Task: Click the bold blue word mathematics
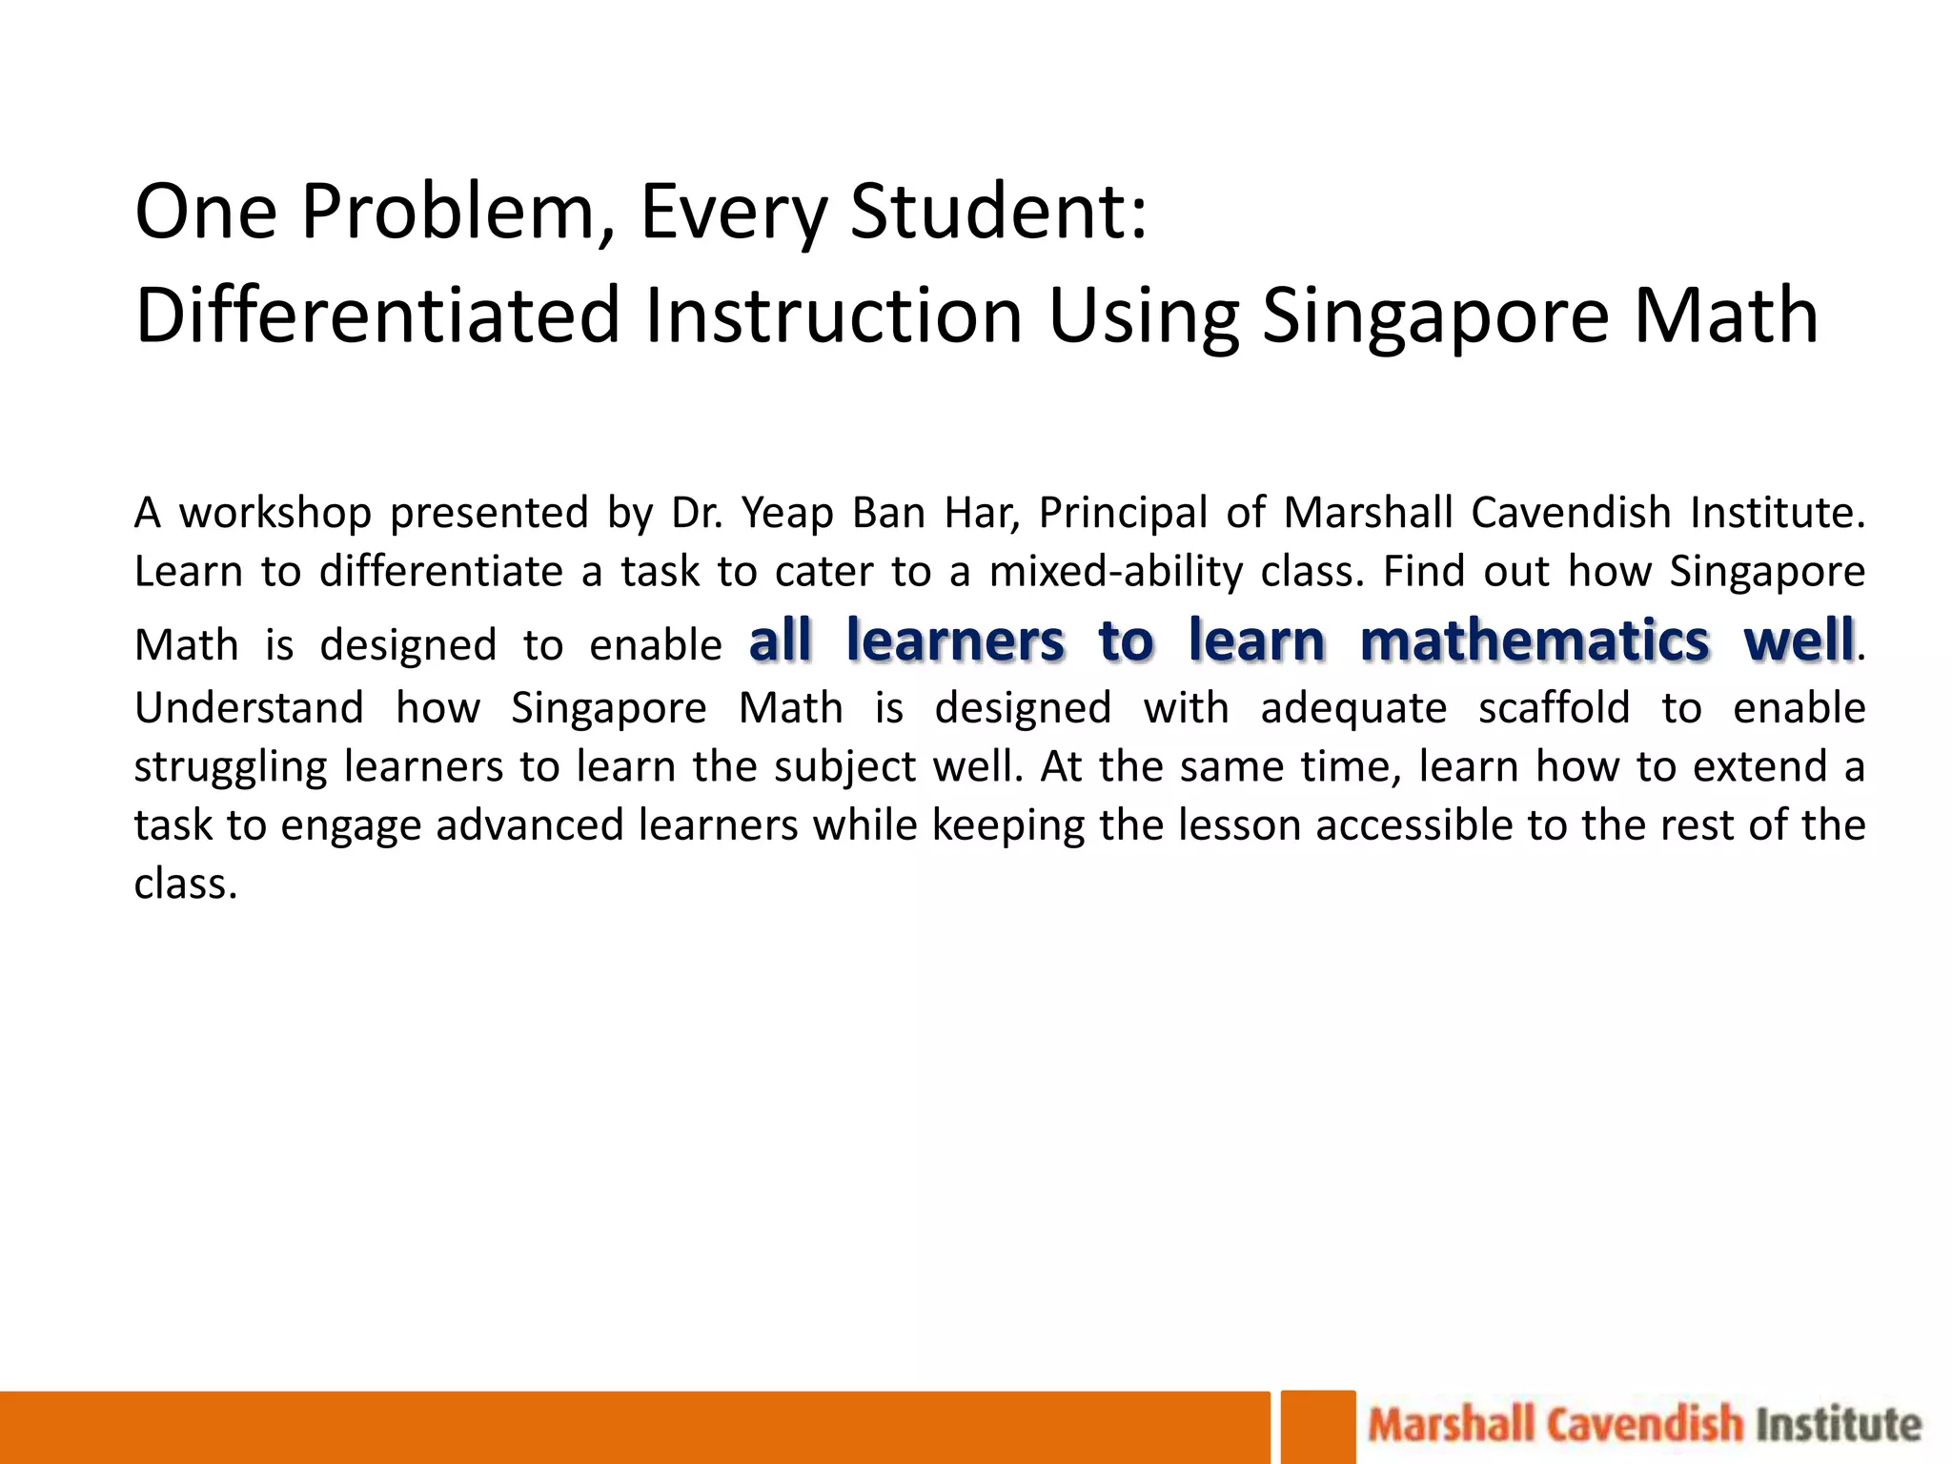coord(1535,640)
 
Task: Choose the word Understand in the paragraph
coord(249,708)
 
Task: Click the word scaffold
coord(1554,708)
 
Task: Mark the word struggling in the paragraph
coord(231,767)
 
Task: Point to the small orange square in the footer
coord(1317,1427)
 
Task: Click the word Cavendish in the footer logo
coord(1644,1425)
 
